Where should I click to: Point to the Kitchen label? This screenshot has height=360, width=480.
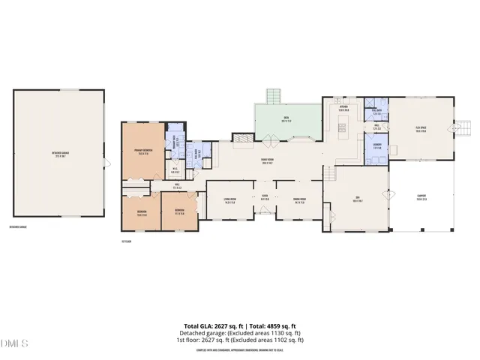coord(343,108)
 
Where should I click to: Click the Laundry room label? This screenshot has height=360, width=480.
coord(376,147)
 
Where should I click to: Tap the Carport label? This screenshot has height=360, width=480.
coord(421,199)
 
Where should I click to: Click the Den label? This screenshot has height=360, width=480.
coord(357,199)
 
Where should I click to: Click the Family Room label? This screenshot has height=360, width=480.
coord(266,162)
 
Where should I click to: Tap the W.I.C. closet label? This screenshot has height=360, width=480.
coord(174,170)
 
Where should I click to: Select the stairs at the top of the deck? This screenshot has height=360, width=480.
coord(275,96)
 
